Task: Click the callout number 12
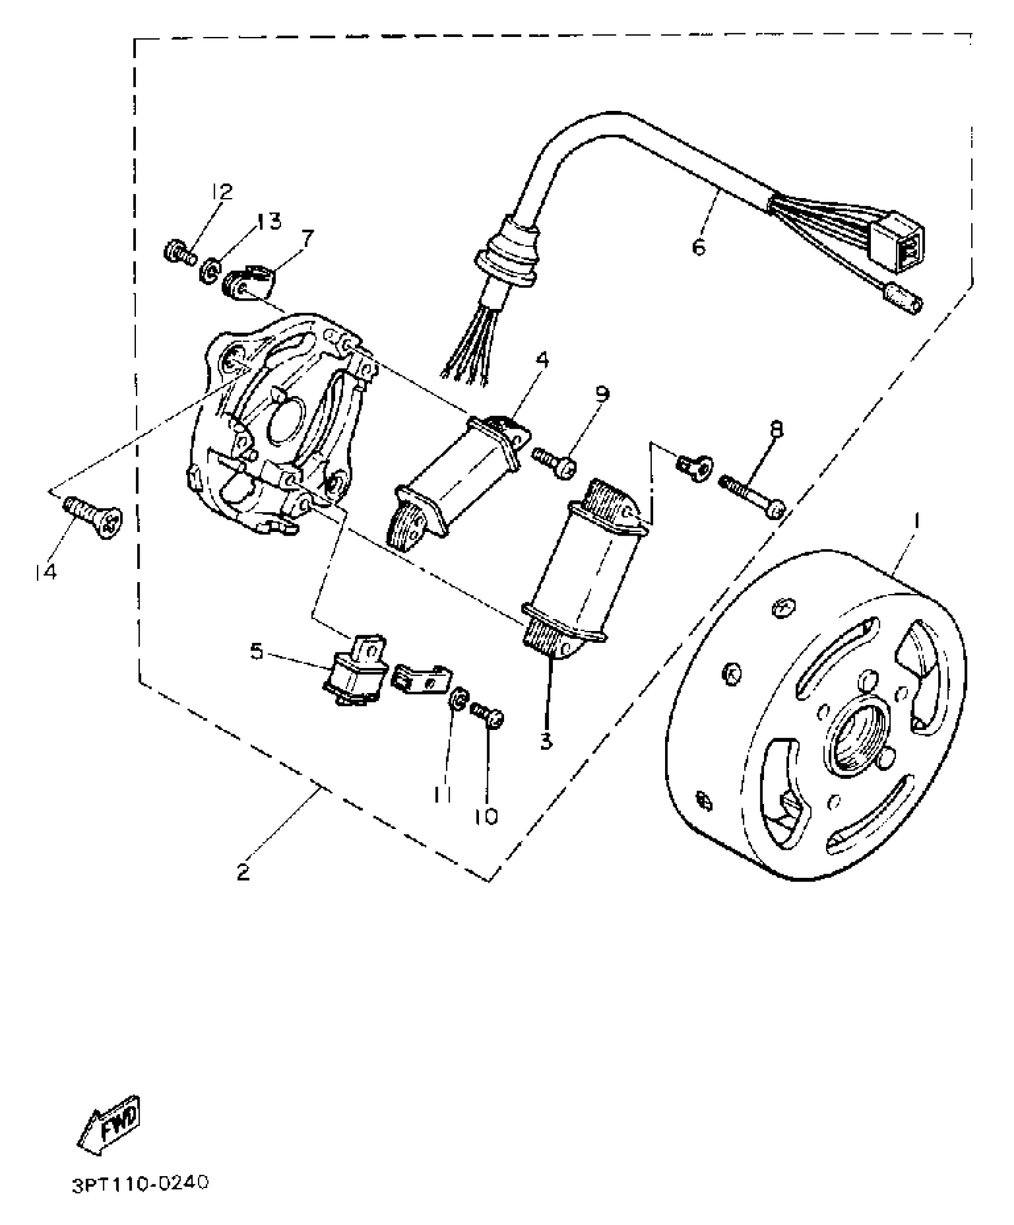tap(221, 191)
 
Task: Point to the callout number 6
tap(698, 246)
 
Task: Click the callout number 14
tap(45, 572)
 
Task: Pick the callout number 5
tap(256, 651)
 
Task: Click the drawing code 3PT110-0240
tap(140, 1183)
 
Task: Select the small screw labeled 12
tap(178, 252)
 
